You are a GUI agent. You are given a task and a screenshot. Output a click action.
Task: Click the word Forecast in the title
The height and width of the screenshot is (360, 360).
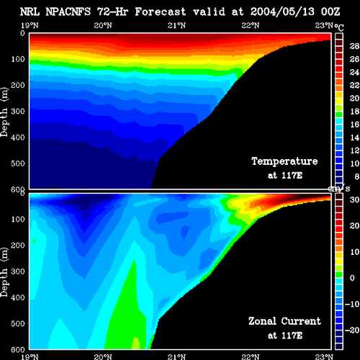pyautogui.click(x=160, y=12)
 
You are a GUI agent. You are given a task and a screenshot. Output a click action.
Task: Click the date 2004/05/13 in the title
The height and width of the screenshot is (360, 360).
pyautogui.click(x=282, y=12)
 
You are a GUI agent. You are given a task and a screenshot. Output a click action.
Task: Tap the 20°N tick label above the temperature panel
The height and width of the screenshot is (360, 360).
pyautogui.click(x=103, y=25)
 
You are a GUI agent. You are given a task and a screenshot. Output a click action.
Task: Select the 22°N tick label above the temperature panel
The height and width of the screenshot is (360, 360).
pyautogui.click(x=251, y=25)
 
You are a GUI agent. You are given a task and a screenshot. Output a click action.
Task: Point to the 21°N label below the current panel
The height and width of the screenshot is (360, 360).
pyautogui.click(x=176, y=357)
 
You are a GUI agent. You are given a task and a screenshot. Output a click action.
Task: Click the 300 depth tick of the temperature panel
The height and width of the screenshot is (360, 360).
pyautogui.click(x=18, y=111)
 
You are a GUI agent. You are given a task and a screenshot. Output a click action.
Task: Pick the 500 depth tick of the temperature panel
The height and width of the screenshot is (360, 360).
pyautogui.click(x=18, y=163)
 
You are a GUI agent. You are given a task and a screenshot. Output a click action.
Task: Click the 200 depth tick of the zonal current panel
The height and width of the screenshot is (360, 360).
pyautogui.click(x=18, y=246)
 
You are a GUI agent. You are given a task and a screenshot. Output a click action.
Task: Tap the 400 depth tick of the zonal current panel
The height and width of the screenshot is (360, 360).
pyautogui.click(x=18, y=297)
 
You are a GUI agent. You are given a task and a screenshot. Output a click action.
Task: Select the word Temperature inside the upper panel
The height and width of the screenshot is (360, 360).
pyautogui.click(x=284, y=161)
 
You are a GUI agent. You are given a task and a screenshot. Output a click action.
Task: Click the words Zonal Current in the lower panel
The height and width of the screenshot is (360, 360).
pyautogui.click(x=284, y=321)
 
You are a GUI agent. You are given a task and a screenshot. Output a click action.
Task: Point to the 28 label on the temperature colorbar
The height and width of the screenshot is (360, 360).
pyautogui.click(x=354, y=46)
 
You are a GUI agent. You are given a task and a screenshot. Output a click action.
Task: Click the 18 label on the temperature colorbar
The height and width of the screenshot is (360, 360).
pyautogui.click(x=354, y=112)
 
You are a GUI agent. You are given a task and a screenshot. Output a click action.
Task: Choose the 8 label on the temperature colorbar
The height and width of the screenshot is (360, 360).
pyautogui.click(x=356, y=176)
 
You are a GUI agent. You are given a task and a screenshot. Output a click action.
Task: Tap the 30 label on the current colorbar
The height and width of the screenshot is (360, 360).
pyautogui.click(x=354, y=199)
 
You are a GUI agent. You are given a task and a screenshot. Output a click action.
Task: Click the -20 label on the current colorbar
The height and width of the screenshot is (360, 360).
pyautogui.click(x=352, y=330)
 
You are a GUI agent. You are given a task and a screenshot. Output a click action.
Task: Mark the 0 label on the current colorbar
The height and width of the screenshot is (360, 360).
pyautogui.click(x=352, y=278)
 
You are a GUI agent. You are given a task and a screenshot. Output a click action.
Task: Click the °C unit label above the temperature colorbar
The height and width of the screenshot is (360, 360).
pyautogui.click(x=339, y=27)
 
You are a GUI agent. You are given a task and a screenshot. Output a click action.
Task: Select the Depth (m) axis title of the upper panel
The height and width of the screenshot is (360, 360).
pyautogui.click(x=4, y=112)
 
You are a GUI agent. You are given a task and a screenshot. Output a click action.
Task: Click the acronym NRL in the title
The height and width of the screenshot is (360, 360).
pyautogui.click(x=30, y=12)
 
